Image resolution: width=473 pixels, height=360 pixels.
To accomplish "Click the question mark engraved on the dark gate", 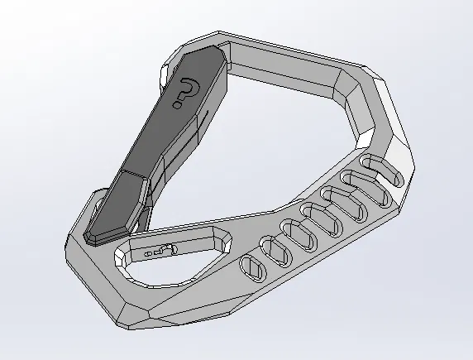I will [x=187, y=92].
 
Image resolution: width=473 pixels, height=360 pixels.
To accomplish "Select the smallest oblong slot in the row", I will [x=254, y=267].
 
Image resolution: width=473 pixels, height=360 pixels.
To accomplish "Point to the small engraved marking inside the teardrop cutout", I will [x=160, y=251].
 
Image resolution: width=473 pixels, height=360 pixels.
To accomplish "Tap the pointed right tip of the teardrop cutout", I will [x=228, y=237].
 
